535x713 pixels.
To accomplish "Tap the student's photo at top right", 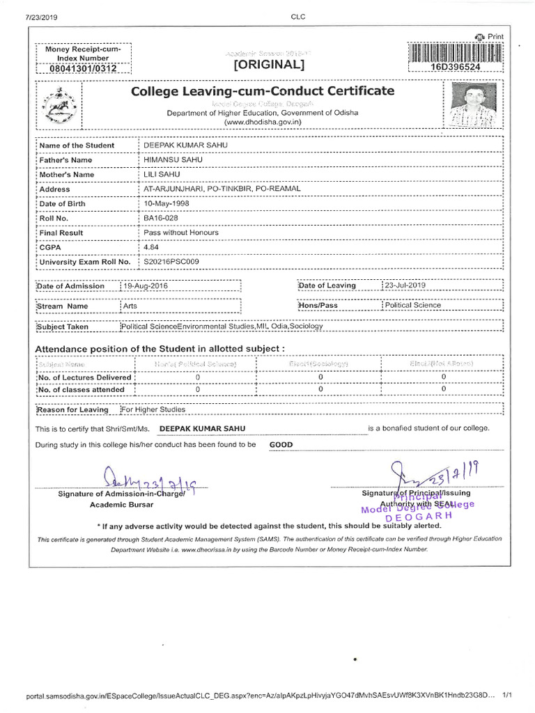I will click(x=472, y=106).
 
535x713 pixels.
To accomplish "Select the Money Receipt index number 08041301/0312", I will click(x=83, y=68).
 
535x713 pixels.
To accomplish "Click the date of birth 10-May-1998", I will click(x=166, y=203).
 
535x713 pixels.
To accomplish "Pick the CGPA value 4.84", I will click(x=151, y=247).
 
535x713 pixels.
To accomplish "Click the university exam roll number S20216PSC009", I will click(x=171, y=262).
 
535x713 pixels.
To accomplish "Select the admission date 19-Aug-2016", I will click(x=146, y=285).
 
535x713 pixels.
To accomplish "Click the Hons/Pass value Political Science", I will click(x=412, y=305).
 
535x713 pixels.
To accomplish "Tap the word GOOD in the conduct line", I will click(x=281, y=444).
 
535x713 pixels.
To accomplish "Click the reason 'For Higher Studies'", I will click(x=154, y=409).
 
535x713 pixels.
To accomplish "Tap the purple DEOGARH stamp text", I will click(x=419, y=516).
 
